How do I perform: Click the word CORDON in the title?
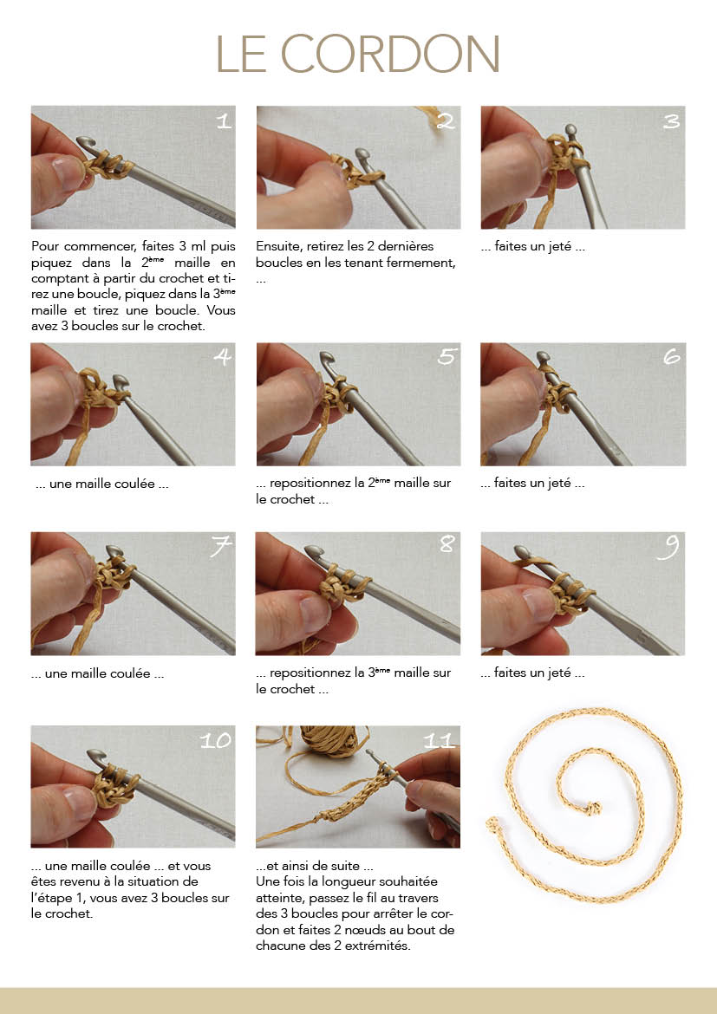click(x=390, y=54)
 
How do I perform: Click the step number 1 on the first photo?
click(x=224, y=121)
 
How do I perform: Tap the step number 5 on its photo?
click(x=446, y=356)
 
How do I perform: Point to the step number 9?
click(x=668, y=548)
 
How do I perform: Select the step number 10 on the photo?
click(x=216, y=740)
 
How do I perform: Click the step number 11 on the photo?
click(x=439, y=740)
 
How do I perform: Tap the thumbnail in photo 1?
click(x=68, y=171)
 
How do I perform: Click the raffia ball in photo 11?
click(x=334, y=740)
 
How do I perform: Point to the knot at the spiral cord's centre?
click(x=592, y=808)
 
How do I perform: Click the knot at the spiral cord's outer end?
click(x=493, y=824)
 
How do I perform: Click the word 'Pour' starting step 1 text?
click(x=45, y=246)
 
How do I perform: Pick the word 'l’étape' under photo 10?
click(x=52, y=898)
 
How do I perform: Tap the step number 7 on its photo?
click(x=221, y=547)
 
